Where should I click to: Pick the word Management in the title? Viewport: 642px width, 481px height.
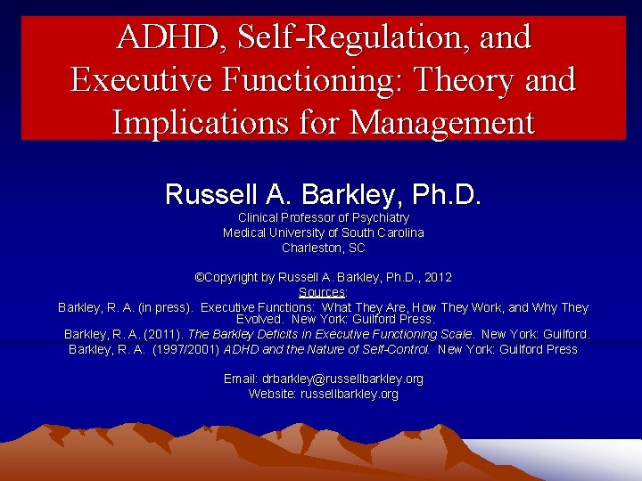(x=442, y=122)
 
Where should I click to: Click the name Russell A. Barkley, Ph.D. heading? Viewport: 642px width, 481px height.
(x=323, y=194)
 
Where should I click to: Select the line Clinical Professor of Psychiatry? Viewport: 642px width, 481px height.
(x=323, y=218)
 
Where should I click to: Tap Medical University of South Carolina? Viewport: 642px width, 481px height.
(x=323, y=232)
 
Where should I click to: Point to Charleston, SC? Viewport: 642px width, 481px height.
(x=323, y=248)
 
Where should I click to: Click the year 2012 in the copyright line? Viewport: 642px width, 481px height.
(x=437, y=278)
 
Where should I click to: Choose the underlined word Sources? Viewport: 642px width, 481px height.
(x=322, y=292)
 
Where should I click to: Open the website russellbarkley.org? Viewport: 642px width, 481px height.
(x=349, y=394)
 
